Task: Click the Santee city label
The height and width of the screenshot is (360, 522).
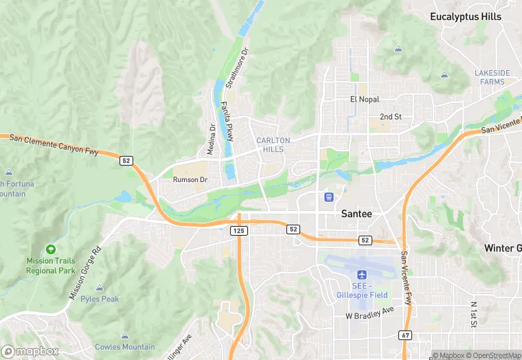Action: coord(356,214)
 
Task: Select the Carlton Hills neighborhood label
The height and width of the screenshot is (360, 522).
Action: coord(273,144)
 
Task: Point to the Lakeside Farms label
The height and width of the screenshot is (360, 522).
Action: coord(492,77)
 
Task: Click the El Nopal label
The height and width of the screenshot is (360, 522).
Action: coord(364,100)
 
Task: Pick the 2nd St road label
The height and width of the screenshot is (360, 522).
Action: coord(390,117)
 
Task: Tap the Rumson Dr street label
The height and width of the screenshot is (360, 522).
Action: coord(190,180)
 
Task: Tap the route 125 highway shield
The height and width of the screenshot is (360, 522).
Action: coord(238,231)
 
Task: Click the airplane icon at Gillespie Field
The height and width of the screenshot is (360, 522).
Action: coord(361,274)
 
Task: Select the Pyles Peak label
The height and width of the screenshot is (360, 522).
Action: coord(100,299)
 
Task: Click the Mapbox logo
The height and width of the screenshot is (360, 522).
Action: coord(30,351)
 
